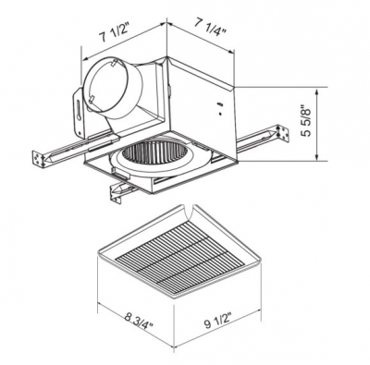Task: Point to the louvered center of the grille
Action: coord(177,249)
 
